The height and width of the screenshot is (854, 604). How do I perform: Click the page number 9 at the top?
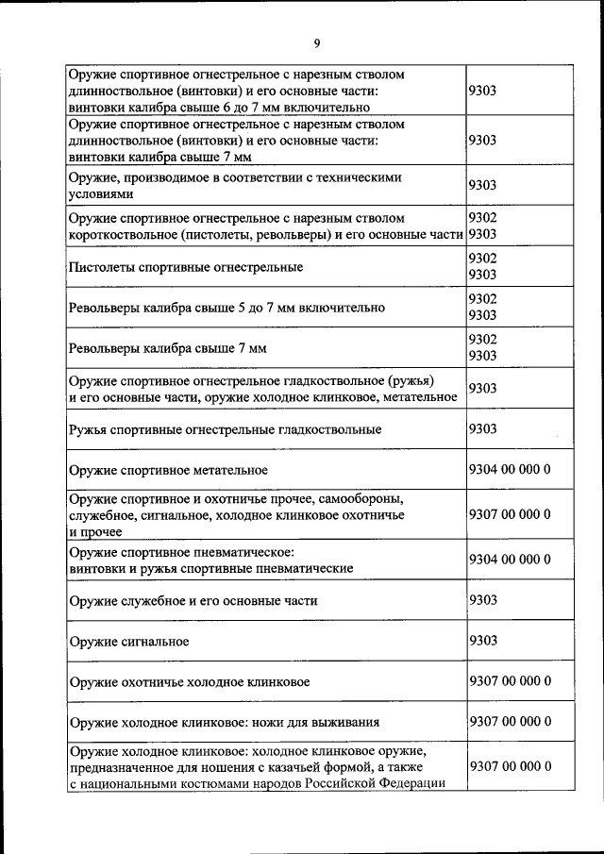click(317, 42)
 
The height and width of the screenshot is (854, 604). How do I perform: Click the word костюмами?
click(221, 785)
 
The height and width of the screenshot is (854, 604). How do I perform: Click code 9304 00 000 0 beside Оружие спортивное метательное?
click(510, 469)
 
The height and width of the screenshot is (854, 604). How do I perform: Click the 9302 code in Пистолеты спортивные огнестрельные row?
click(482, 258)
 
